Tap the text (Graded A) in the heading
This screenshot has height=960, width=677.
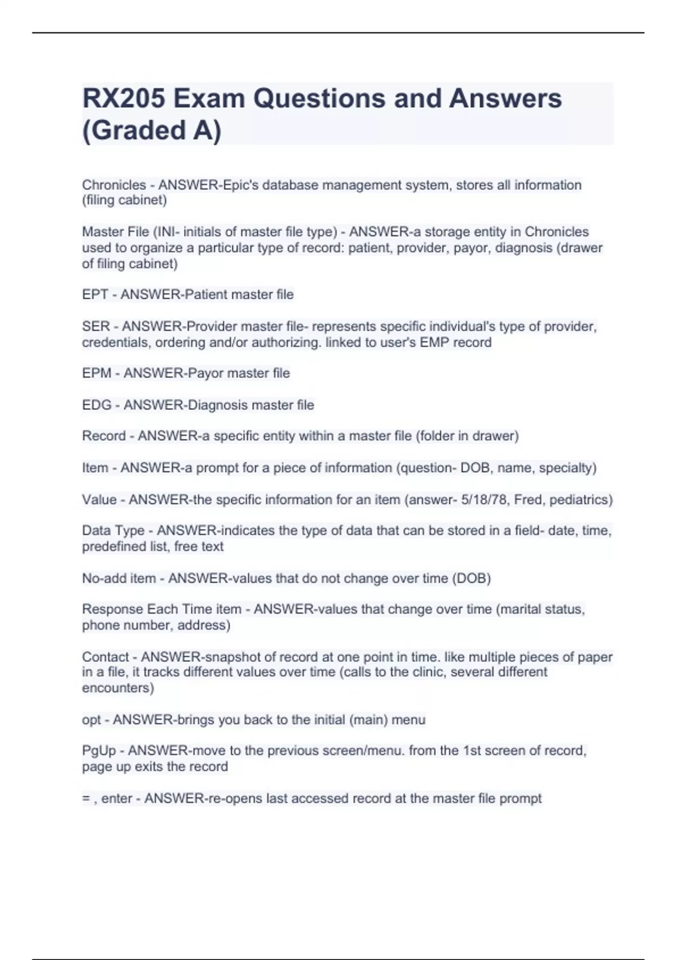(152, 130)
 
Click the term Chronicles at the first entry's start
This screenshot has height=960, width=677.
(114, 185)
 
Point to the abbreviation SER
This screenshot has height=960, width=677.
(96, 327)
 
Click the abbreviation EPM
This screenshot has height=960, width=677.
(96, 373)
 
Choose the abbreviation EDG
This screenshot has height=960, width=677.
(96, 405)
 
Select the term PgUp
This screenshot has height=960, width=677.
(99, 751)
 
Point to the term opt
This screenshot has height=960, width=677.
(91, 720)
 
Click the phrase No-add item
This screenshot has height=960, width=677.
(119, 579)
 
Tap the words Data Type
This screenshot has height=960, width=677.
(113, 531)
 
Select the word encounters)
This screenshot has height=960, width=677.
(118, 688)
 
